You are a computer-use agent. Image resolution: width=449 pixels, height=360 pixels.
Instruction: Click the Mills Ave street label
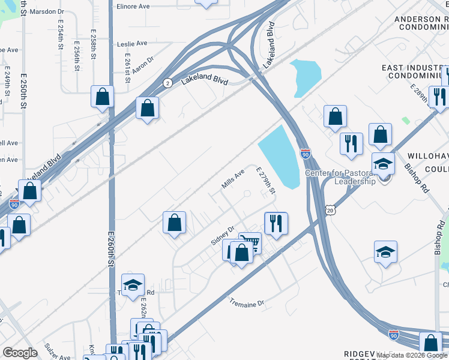point(234,179)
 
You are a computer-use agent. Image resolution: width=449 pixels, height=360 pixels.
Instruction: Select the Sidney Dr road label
point(221,236)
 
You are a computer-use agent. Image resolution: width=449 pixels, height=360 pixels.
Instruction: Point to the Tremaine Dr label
point(247,304)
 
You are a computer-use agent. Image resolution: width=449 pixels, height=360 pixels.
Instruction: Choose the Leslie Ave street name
point(133,43)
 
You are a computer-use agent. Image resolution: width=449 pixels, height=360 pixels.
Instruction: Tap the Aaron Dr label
point(143,66)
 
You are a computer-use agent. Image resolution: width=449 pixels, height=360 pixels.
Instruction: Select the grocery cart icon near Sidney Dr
point(250,243)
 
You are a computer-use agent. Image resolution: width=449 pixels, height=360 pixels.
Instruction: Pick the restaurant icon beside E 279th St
point(276,223)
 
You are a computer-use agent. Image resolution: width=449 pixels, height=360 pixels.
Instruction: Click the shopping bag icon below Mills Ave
point(174,223)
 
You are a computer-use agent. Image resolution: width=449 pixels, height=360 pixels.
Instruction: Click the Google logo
point(20,353)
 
